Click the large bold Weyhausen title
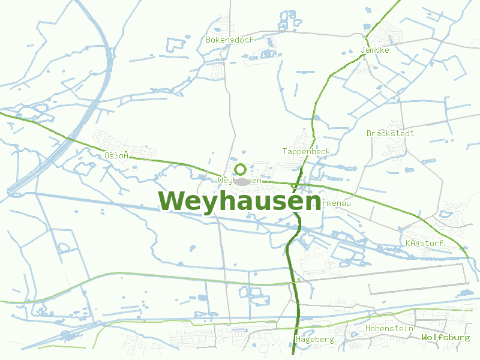(239, 201)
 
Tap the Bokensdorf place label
(229, 40)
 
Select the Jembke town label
(375, 50)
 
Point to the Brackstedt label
(390, 133)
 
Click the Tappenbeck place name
(306, 151)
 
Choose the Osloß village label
(116, 155)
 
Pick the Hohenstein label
(389, 328)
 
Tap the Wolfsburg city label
(445, 337)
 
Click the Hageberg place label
(314, 340)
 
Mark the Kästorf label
(424, 243)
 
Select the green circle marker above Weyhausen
(241, 169)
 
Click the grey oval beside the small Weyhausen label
(242, 181)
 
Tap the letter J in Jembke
(363, 50)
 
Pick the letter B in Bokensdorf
(208, 40)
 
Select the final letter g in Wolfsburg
(467, 338)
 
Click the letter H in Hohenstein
(368, 328)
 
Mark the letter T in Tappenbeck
(285, 151)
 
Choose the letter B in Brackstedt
(369, 133)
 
